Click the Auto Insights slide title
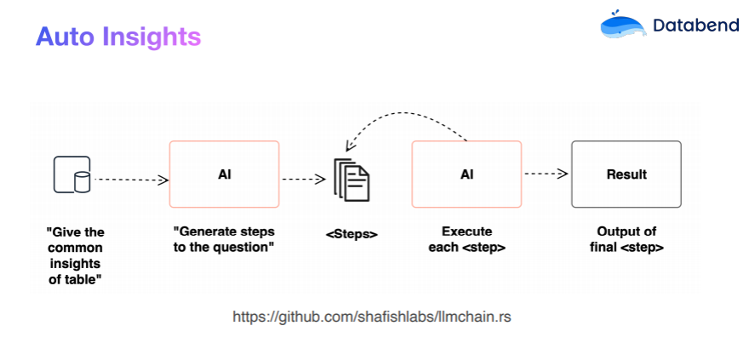coord(118,37)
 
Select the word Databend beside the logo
coord(696,26)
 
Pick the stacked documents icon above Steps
coord(352,179)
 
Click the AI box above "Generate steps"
coord(225,174)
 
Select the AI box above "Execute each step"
coord(466,174)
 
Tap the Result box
coord(626,174)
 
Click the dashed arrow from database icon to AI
coord(132,180)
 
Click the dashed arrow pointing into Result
coord(546,174)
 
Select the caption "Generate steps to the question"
coord(224,239)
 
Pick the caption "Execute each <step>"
coord(466,239)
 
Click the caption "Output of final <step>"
coord(626,239)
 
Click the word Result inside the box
coord(626,174)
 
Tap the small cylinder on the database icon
coord(82,182)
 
